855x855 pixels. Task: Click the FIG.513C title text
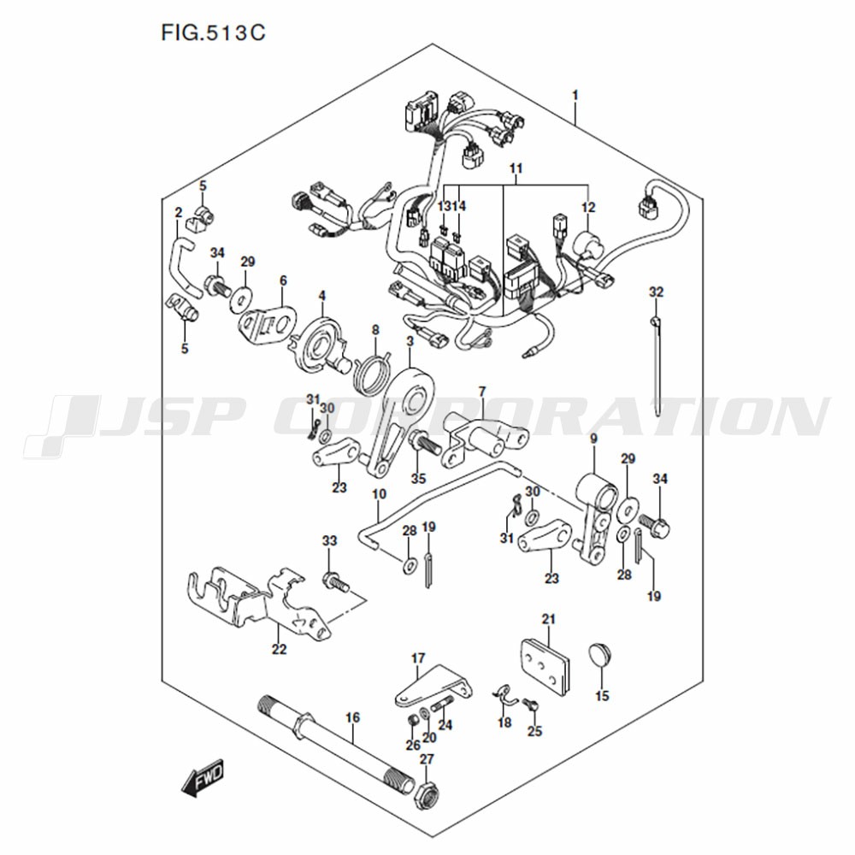coord(213,32)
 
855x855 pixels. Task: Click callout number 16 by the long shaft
coord(353,717)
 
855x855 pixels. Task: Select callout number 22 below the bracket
coord(280,650)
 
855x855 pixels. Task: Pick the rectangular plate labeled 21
coord(544,667)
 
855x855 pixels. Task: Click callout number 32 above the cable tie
coord(657,292)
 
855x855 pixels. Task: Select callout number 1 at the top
coord(575,96)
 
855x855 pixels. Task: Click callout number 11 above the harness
coord(516,168)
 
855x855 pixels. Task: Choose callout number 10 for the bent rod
coord(379,494)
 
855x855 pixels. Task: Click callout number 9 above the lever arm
coord(593,439)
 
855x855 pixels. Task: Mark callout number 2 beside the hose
coord(179,212)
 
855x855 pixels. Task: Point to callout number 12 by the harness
coord(588,207)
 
